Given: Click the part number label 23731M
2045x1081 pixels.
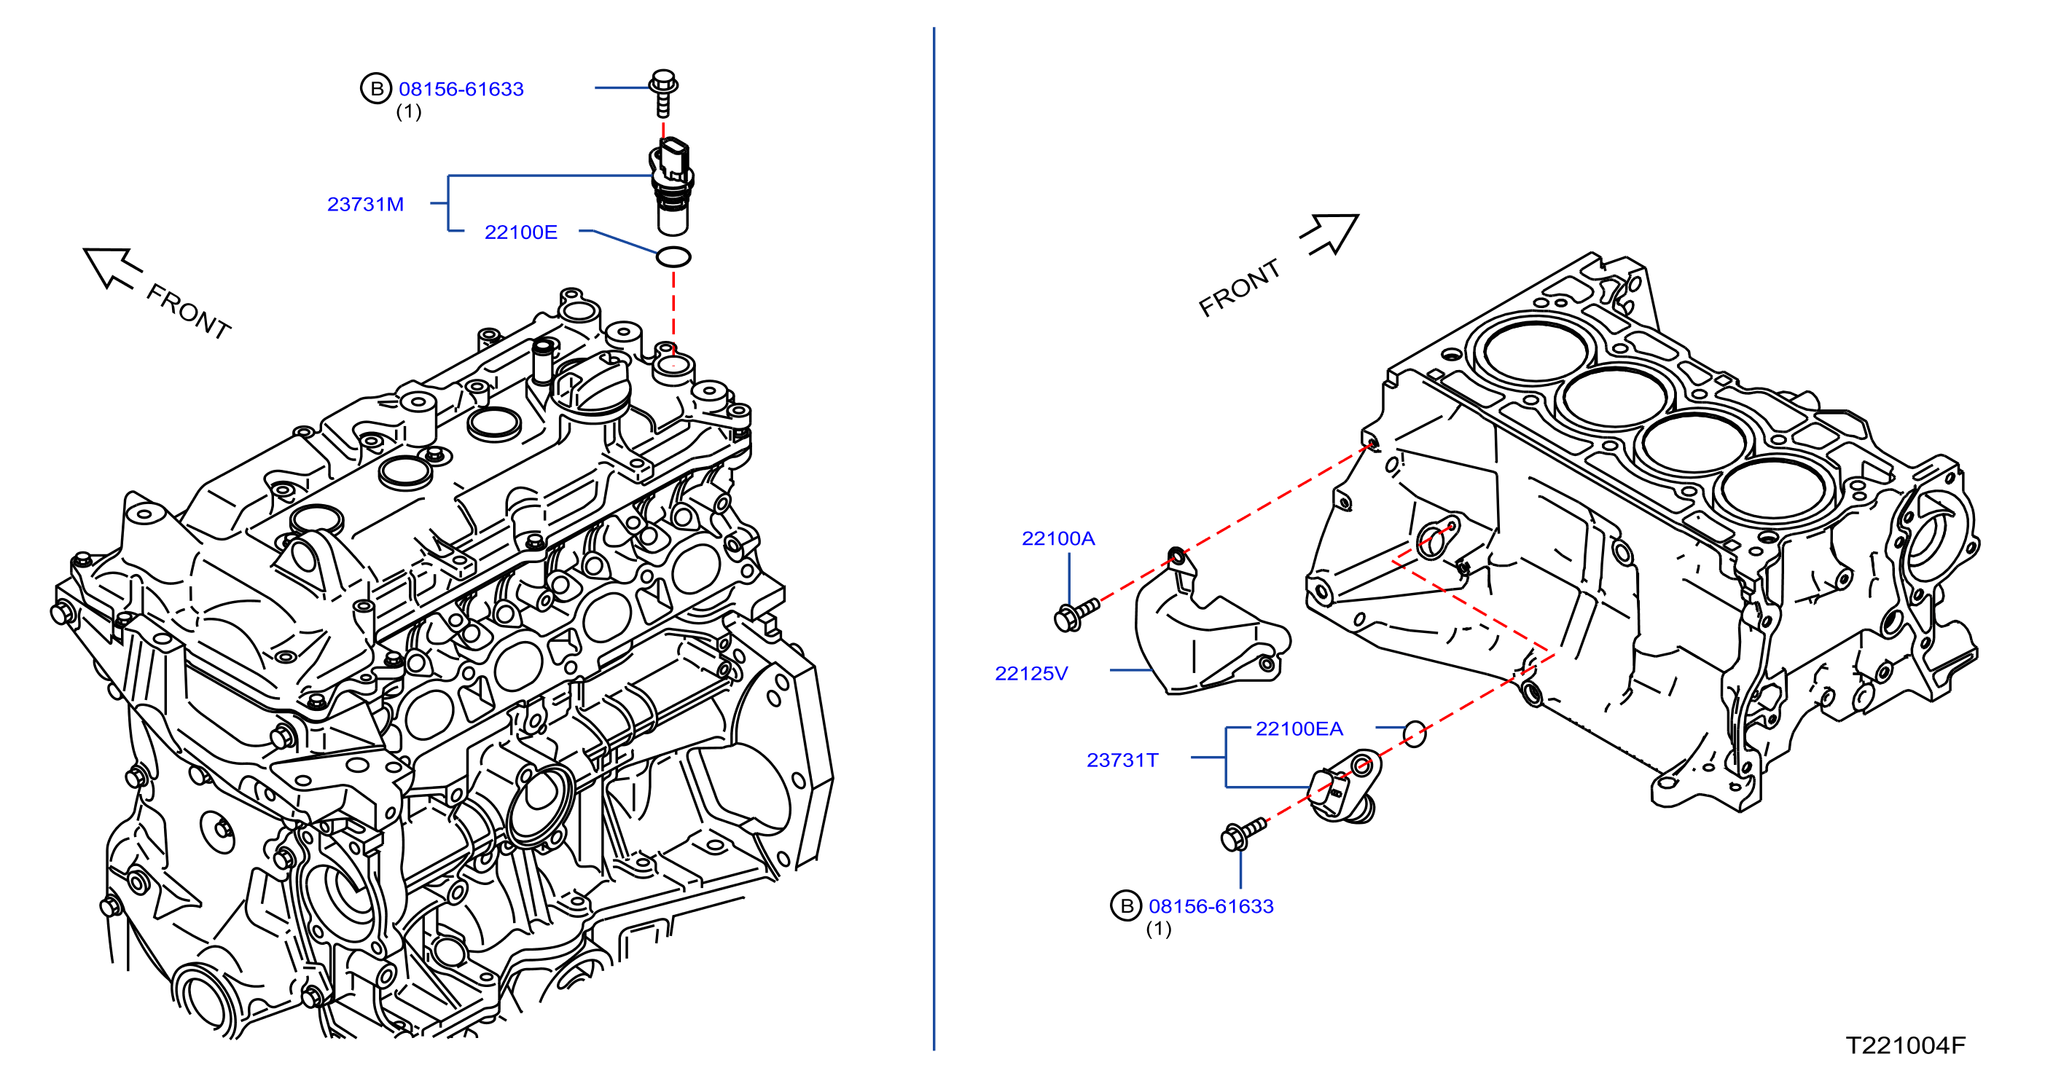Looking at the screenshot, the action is pyautogui.click(x=365, y=204).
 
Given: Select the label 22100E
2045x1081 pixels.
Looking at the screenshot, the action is pyautogui.click(x=521, y=232).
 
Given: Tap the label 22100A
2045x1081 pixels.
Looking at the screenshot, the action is pyautogui.click(x=1057, y=538).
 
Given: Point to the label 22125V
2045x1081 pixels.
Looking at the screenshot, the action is pyautogui.click(x=1031, y=673).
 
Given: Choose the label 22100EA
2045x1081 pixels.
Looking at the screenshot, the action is pyautogui.click(x=1299, y=728).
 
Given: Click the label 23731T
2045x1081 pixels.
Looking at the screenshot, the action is pyautogui.click(x=1122, y=760).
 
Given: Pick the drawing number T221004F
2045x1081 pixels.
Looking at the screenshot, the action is pyautogui.click(x=1905, y=1045).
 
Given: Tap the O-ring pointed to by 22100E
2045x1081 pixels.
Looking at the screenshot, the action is pyautogui.click(x=673, y=256).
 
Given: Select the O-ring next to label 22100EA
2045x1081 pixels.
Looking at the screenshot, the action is pyautogui.click(x=1415, y=734).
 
